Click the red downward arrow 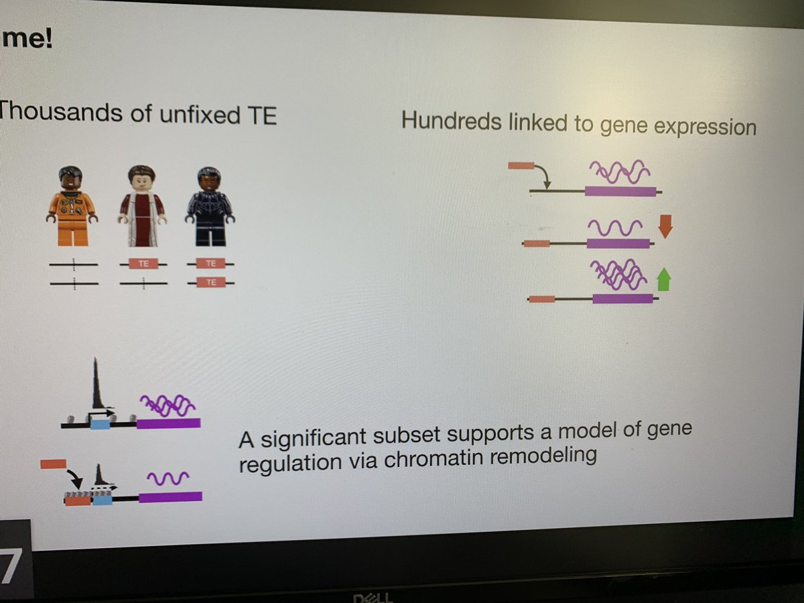(665, 226)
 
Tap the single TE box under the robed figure (143, 264)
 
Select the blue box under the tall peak (100, 423)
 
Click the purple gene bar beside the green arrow (622, 299)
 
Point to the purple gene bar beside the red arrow (618, 244)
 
